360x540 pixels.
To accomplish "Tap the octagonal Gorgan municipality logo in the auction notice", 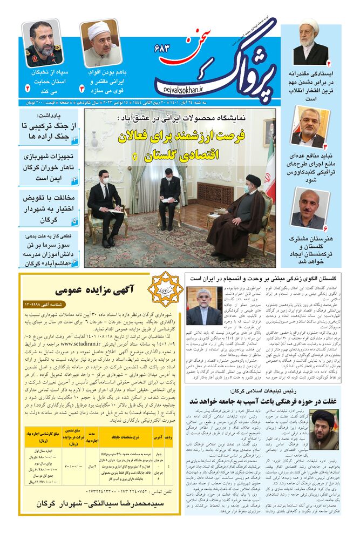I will pos(165,289).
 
